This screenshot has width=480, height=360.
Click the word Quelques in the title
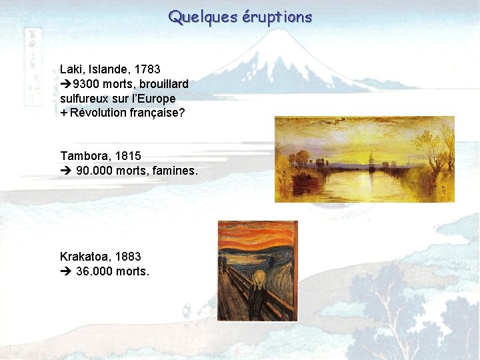point(198,17)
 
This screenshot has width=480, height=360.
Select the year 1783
point(147,69)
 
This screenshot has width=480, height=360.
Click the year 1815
point(128,156)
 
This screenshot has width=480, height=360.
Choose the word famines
point(175,171)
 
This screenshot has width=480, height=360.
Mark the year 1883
point(128,256)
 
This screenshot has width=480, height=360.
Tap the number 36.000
point(94,271)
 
